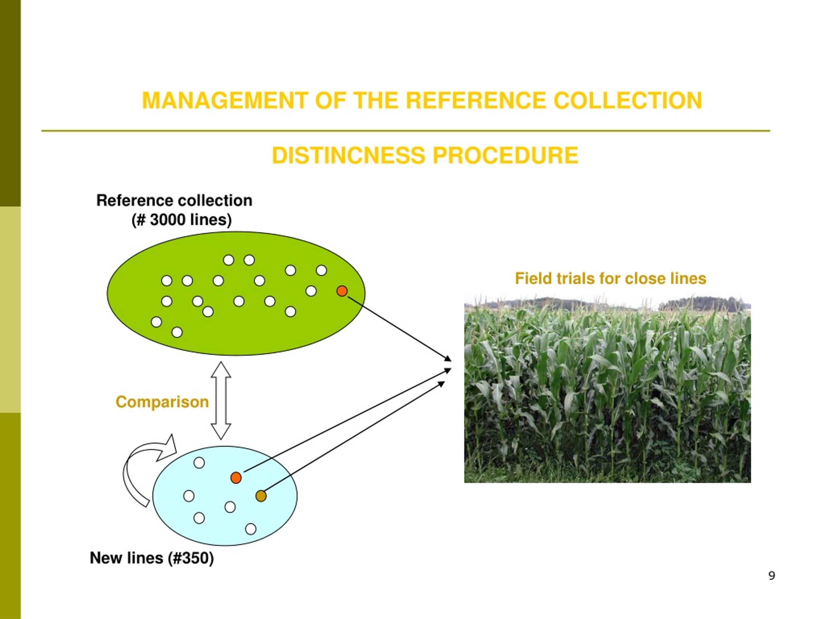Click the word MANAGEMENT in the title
point(225,101)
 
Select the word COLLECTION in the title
point(628,101)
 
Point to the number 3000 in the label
point(168,220)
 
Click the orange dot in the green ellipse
point(342,291)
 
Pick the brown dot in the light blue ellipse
point(261,496)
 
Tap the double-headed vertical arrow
point(221,400)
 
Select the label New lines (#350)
point(152,558)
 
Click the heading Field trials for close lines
point(611,278)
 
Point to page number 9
point(772,576)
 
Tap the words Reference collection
point(174,200)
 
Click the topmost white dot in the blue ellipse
point(199,463)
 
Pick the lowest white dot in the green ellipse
point(177,332)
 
